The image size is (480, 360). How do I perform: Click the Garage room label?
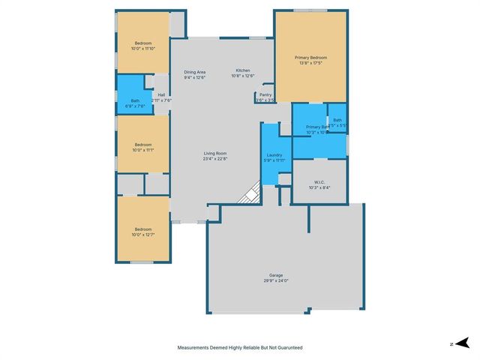[x=277, y=275]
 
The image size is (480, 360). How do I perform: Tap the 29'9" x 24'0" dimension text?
[x=277, y=281]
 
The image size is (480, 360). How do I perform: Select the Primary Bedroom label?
[x=310, y=57]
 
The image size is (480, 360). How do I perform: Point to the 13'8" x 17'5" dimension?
[x=310, y=63]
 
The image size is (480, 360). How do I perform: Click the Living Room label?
[x=215, y=153]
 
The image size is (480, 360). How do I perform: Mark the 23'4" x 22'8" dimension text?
[x=215, y=159]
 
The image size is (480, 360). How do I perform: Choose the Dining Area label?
[x=195, y=71]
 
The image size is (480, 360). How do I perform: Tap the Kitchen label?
[x=243, y=70]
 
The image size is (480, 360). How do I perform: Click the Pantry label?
[x=265, y=94]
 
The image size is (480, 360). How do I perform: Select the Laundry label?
[x=274, y=154]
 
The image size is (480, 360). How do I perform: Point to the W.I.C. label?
[x=319, y=181]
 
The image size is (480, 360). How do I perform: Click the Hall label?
[x=161, y=94]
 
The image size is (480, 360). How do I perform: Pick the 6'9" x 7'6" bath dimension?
[x=135, y=106]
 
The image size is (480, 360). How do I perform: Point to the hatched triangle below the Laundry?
[x=249, y=196]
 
